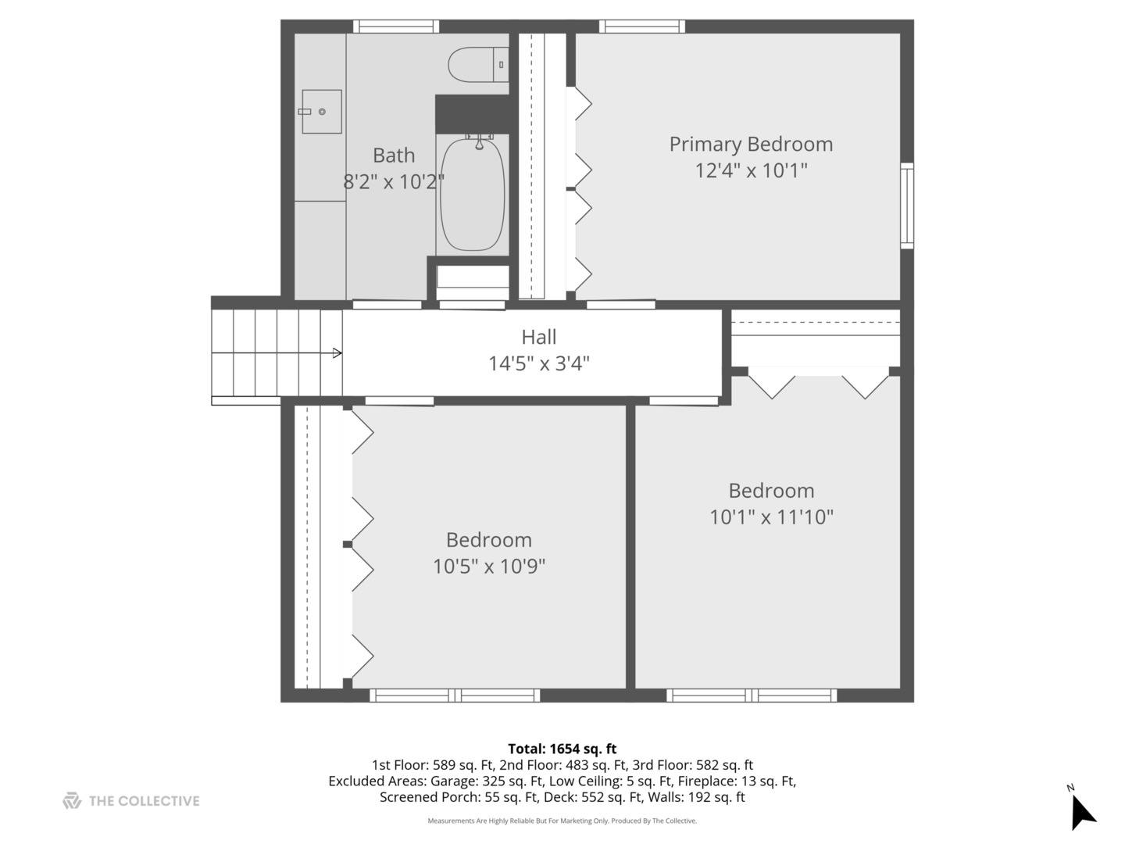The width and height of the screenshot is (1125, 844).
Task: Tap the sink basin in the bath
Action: (x=322, y=112)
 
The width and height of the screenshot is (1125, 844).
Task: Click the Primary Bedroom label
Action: (x=751, y=145)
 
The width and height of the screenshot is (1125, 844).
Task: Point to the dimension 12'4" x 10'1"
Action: (x=751, y=170)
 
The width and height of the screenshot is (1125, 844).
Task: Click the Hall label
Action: (x=539, y=338)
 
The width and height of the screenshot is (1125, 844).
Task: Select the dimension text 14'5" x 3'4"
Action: (x=539, y=363)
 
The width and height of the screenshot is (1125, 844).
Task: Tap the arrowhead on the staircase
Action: (x=337, y=353)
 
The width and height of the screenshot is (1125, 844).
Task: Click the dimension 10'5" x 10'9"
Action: (x=489, y=566)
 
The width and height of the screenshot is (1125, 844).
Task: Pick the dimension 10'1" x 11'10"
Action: (x=771, y=517)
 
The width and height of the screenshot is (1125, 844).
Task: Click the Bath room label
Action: (x=394, y=156)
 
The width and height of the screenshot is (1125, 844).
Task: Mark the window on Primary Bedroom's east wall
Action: (x=906, y=206)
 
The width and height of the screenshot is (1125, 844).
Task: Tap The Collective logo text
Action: (x=144, y=801)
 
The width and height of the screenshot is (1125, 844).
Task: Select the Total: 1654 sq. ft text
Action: (x=562, y=749)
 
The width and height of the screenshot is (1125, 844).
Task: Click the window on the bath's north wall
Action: (x=395, y=27)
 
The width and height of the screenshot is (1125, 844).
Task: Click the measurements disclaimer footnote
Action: (x=562, y=821)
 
